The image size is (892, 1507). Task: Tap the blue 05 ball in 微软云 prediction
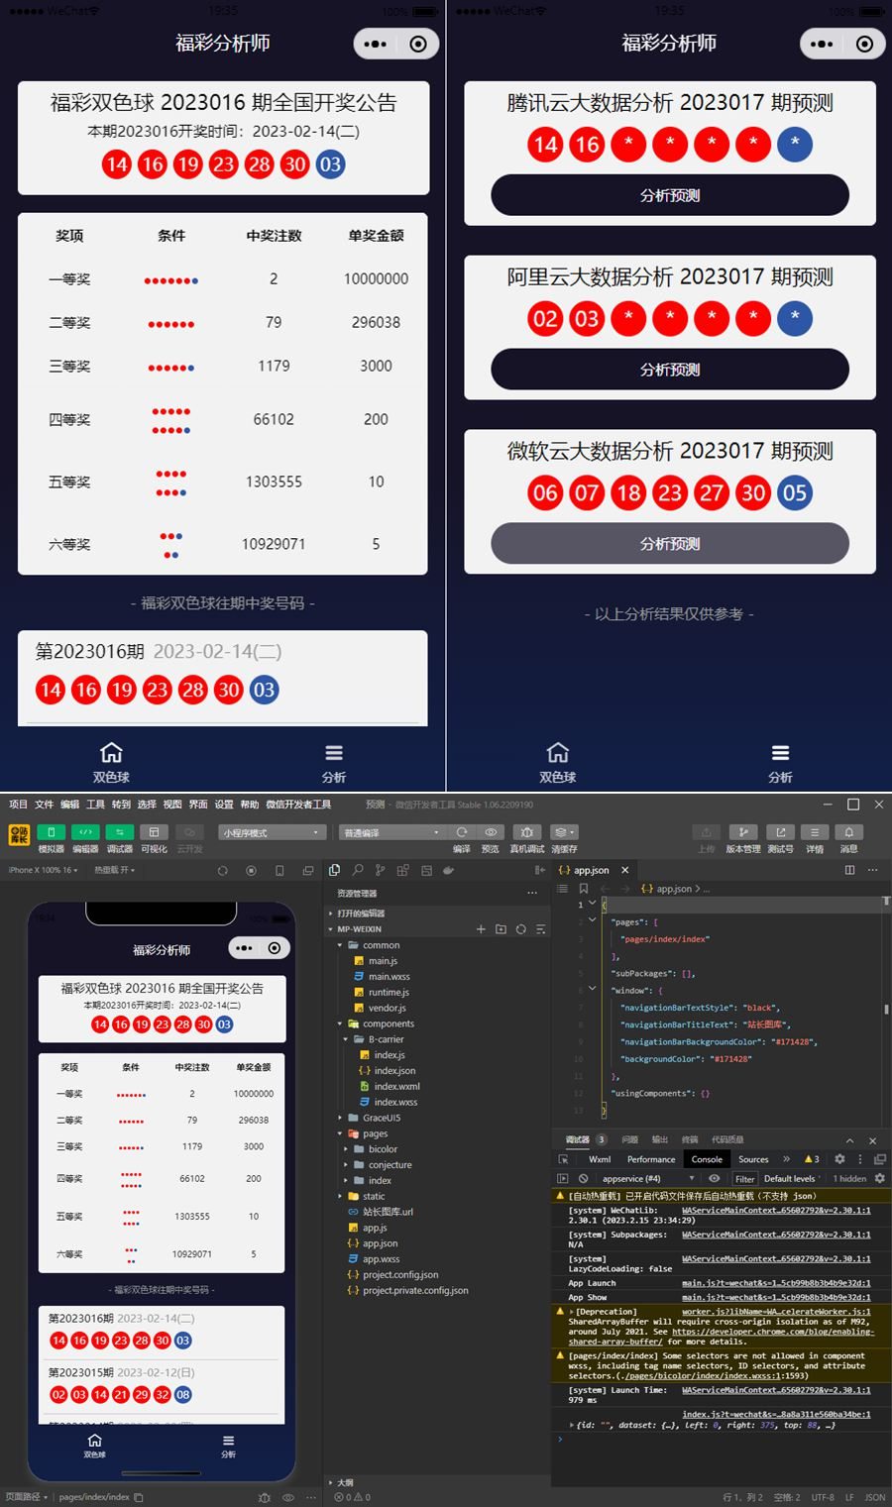click(x=794, y=492)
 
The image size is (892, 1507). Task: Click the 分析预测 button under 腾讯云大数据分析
click(x=670, y=195)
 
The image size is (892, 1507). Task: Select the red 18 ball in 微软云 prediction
click(x=628, y=492)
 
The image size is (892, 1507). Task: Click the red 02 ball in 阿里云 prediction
click(x=545, y=318)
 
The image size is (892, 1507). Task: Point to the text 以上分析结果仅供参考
click(x=669, y=614)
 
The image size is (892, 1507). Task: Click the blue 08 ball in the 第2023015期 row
click(x=183, y=1394)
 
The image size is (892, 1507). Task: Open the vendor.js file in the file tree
click(x=387, y=1008)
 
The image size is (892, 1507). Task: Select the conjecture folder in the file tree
click(x=390, y=1165)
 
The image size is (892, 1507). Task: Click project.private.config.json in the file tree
click(x=415, y=1291)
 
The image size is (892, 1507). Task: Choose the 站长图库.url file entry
click(x=388, y=1212)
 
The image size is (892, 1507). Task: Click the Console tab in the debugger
click(x=707, y=1159)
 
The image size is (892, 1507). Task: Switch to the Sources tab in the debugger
click(x=753, y=1159)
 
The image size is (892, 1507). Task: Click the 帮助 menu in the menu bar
click(x=249, y=805)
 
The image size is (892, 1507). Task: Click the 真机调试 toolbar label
click(x=527, y=849)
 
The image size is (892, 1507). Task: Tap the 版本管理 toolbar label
click(x=742, y=849)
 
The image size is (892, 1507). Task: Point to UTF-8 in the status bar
click(x=823, y=1497)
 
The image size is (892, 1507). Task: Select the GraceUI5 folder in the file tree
click(x=382, y=1118)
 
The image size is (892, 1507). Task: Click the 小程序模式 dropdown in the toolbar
click(x=272, y=833)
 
